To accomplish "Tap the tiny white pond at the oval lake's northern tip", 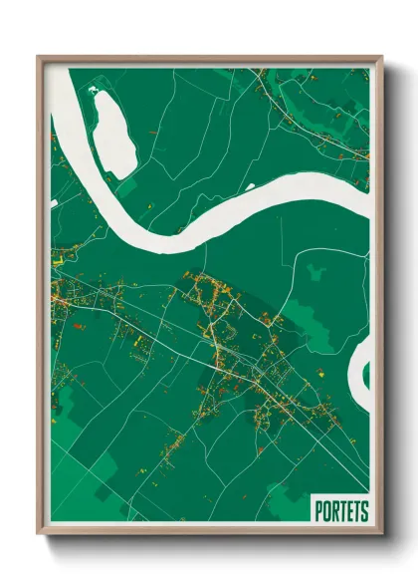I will point(96,91).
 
